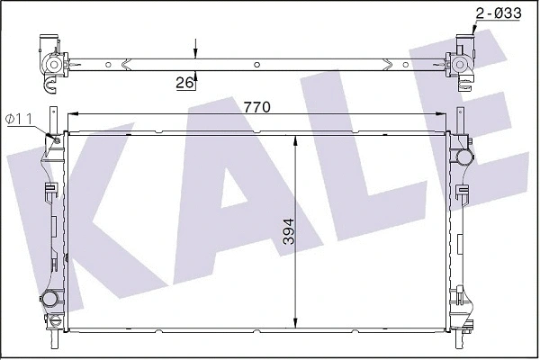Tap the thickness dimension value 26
point(185,83)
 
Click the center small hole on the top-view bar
point(257,64)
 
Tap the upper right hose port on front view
point(464,157)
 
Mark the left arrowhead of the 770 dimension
point(73,114)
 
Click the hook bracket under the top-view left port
point(49,84)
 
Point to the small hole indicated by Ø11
point(56,138)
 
